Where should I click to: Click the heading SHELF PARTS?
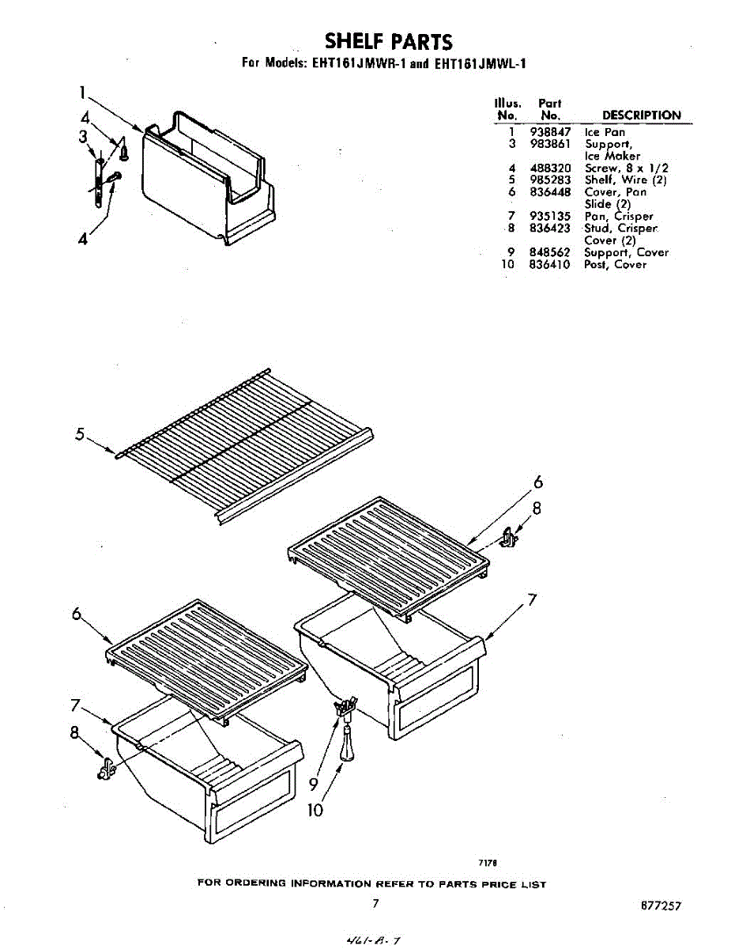click(388, 41)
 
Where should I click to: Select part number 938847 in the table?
click(549, 132)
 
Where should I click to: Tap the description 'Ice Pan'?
click(605, 132)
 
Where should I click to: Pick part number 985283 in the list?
click(549, 180)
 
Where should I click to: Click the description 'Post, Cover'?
click(615, 265)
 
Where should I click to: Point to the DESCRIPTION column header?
click(641, 115)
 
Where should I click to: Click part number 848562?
click(549, 252)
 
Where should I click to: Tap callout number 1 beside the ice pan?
click(82, 93)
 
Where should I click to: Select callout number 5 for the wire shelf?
click(80, 433)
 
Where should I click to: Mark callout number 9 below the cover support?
click(314, 784)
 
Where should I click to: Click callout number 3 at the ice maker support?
click(82, 137)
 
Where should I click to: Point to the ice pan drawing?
click(207, 178)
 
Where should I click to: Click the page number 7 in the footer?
click(376, 903)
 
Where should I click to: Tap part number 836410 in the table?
click(549, 265)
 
